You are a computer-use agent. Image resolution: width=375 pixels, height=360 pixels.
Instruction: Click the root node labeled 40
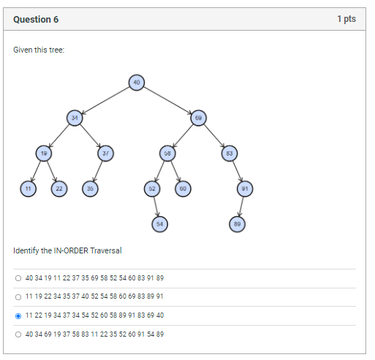coord(136,82)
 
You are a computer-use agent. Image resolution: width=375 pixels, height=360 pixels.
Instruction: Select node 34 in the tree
coord(74,118)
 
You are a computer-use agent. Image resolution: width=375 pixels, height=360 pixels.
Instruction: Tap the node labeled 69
coord(197,118)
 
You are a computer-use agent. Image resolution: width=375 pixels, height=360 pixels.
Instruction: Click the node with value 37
coord(105,153)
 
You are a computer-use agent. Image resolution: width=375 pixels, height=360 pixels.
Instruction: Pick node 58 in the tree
coord(167,153)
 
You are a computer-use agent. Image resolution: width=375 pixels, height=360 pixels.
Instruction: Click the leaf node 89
coord(235,223)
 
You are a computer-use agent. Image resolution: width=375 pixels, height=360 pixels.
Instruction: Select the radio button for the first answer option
coord(18,278)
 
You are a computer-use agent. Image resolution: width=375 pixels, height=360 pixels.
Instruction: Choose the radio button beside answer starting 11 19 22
coord(18,296)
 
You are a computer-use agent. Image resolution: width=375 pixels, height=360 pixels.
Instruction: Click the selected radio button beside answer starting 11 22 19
coord(18,315)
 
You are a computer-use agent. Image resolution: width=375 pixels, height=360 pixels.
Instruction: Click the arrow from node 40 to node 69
coord(167,100)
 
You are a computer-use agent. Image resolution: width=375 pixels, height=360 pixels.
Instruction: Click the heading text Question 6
coord(36,19)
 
